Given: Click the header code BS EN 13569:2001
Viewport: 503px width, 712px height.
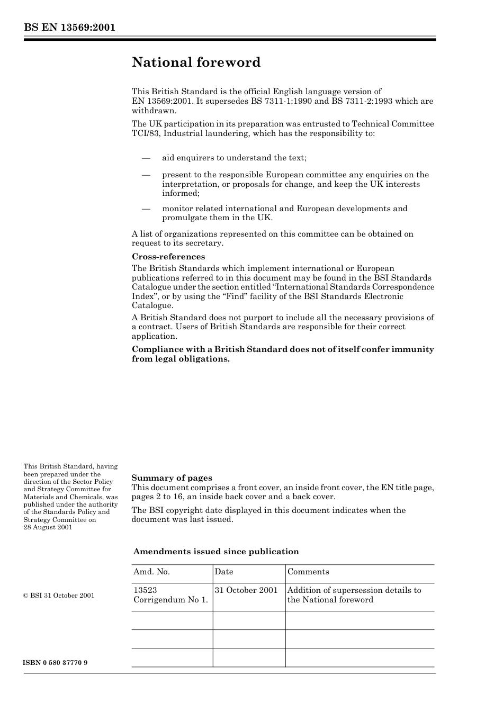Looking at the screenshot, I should [69, 28].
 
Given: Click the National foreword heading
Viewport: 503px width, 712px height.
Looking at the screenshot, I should [196, 62].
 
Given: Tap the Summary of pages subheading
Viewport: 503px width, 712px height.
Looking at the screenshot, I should [172, 478].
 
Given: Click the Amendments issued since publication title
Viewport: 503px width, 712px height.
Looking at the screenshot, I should [216, 552].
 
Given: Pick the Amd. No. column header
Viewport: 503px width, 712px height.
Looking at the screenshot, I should [151, 572].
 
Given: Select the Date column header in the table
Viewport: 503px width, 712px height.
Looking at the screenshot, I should [224, 572].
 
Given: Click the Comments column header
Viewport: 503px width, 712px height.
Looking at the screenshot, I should [308, 572].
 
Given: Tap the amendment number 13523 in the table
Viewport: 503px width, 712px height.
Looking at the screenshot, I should [145, 590].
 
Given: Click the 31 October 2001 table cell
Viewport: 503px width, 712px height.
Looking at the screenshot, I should [246, 590].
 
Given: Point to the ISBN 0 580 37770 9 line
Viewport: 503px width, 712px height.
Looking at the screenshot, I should [56, 663].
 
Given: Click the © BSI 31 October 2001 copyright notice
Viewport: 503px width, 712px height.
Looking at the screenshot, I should [59, 596].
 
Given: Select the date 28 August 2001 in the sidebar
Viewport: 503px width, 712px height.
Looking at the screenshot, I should [48, 527].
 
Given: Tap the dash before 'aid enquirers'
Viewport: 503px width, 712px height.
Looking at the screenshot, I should [146, 158].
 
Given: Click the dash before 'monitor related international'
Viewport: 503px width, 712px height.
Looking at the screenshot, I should [146, 209].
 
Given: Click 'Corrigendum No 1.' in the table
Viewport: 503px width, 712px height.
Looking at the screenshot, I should [170, 600].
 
